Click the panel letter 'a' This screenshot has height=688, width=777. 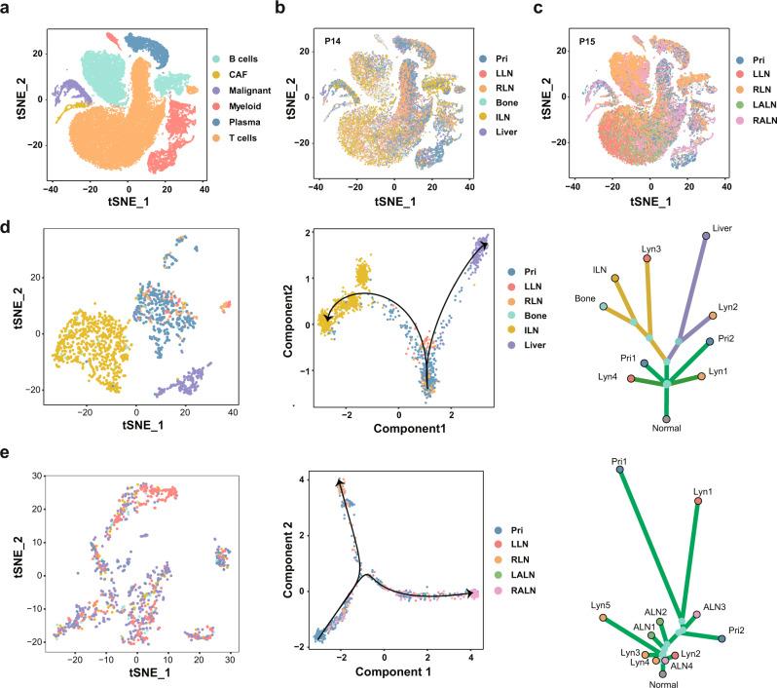coord(8,8)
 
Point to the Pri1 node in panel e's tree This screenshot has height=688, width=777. coord(620,472)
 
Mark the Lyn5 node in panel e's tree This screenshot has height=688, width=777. coord(603,618)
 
